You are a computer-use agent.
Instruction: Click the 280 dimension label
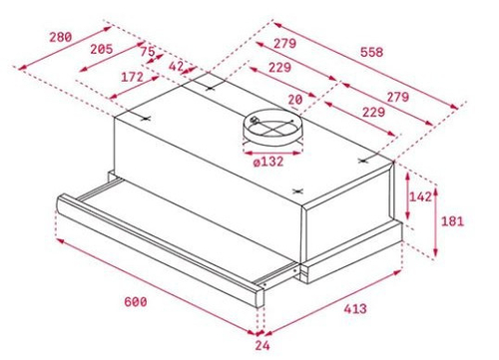(60, 38)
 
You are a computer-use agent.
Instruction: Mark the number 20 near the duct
(294, 99)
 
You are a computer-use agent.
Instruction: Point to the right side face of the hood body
(349, 214)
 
